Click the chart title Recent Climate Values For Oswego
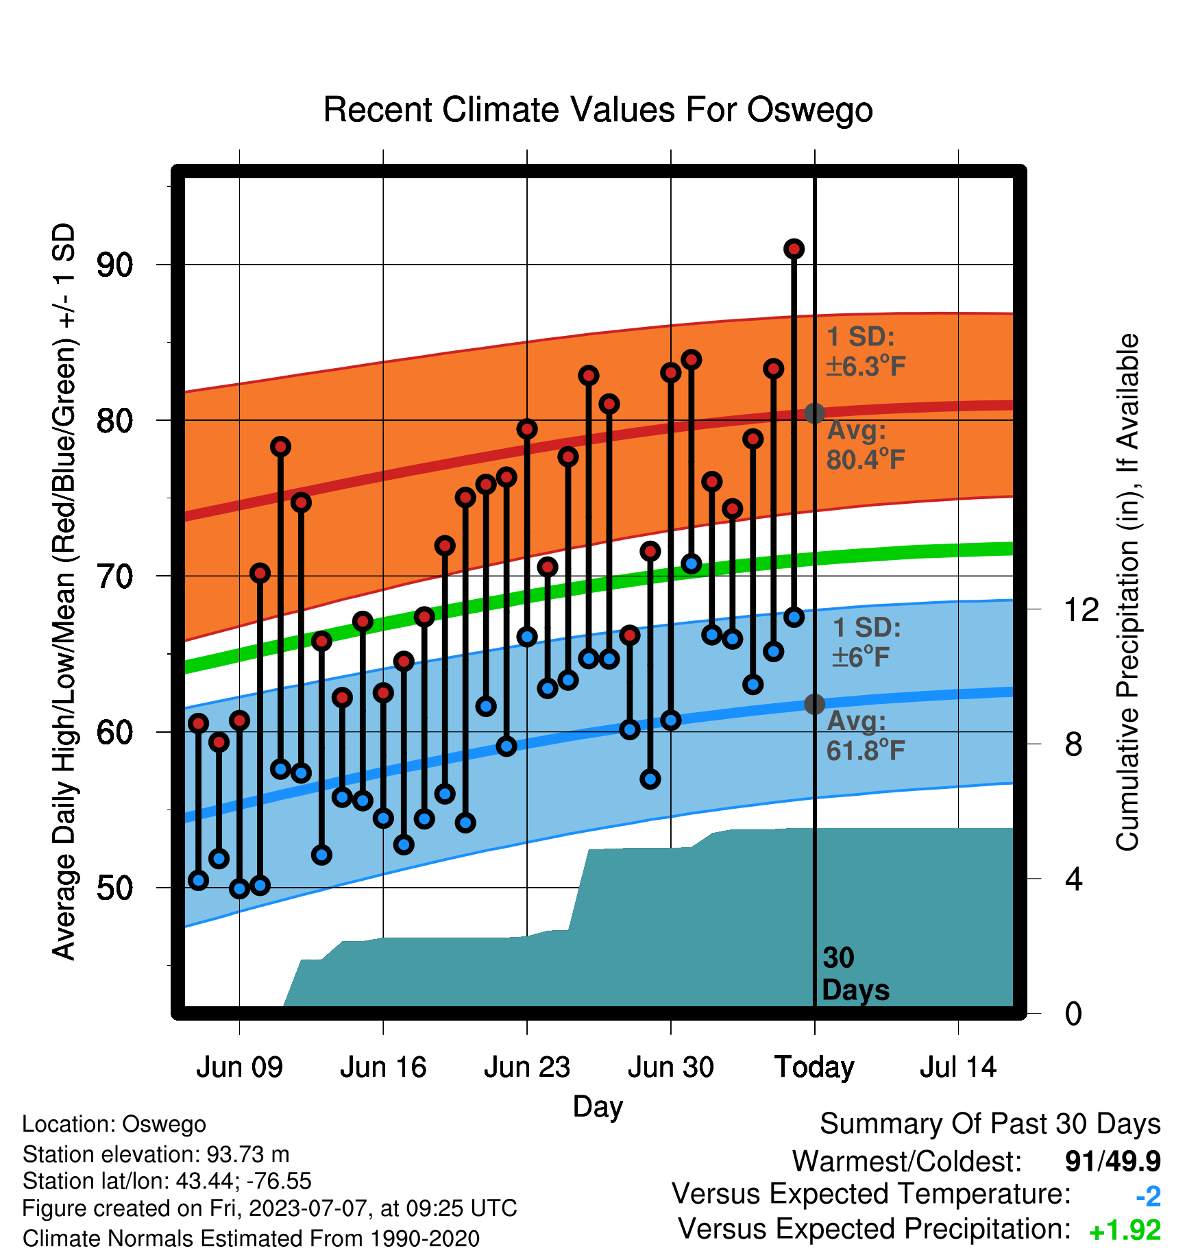(598, 110)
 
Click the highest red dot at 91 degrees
(794, 249)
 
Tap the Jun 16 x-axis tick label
(383, 1067)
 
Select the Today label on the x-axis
(814, 1067)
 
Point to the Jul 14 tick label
(958, 1067)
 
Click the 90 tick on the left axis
(115, 265)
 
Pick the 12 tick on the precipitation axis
(1081, 609)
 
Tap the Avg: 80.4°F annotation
(866, 445)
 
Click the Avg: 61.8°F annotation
(866, 736)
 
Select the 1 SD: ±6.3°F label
(866, 352)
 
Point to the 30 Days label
(855, 974)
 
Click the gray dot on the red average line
(814, 413)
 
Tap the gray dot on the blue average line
(814, 704)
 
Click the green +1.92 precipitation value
(1125, 1230)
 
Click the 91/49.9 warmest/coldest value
(1113, 1161)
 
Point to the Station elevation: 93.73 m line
(156, 1154)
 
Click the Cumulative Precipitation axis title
(1127, 592)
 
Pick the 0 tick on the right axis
(1073, 1013)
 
